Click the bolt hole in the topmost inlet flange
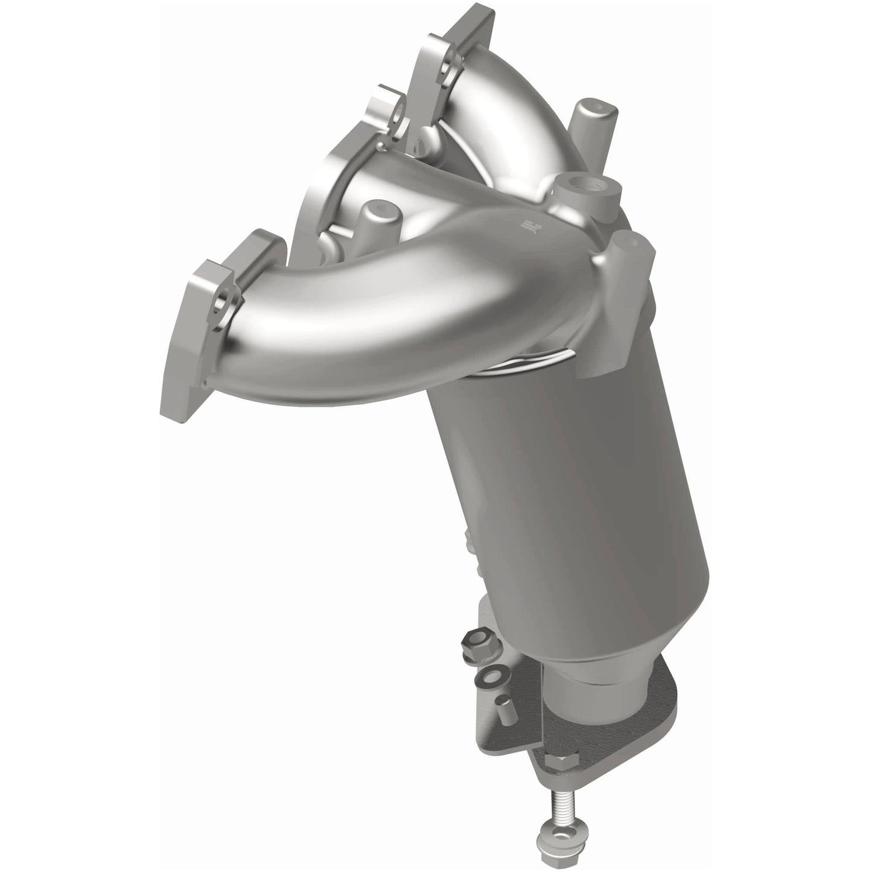point(446,97)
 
